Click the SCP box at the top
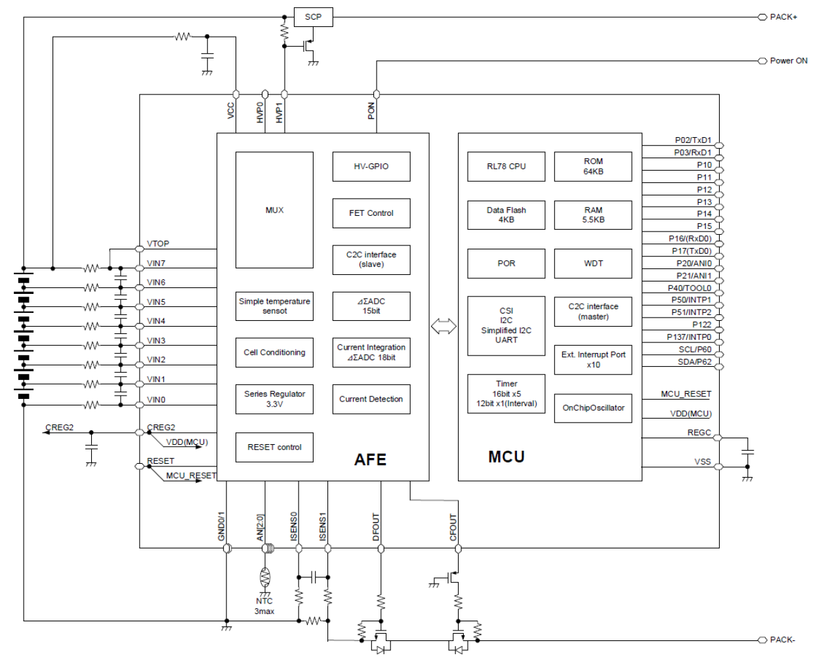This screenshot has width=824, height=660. pyautogui.click(x=313, y=17)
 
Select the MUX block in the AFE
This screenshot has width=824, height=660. pyautogui.click(x=274, y=210)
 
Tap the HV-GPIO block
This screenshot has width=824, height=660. pyautogui.click(x=371, y=167)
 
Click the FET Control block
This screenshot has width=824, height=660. pyautogui.click(x=371, y=213)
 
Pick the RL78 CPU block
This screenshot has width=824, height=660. pyautogui.click(x=506, y=167)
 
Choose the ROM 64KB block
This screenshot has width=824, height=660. pyautogui.click(x=593, y=167)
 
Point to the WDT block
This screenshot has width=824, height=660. pyautogui.click(x=593, y=263)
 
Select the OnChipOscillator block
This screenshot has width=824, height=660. pyautogui.click(x=593, y=408)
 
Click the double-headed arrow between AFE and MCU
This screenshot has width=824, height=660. pyautogui.click(x=443, y=326)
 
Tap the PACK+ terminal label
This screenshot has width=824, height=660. pyautogui.click(x=783, y=17)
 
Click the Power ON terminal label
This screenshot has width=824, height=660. pyautogui.click(x=789, y=61)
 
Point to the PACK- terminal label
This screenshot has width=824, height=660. pyautogui.click(x=783, y=640)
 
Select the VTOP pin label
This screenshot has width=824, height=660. pyautogui.click(x=158, y=243)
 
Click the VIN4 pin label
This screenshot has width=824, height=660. pyautogui.click(x=156, y=321)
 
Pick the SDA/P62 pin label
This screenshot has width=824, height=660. pyautogui.click(x=694, y=362)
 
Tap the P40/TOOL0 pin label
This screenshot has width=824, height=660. pyautogui.click(x=690, y=288)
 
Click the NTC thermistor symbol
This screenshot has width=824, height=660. pyautogui.click(x=265, y=577)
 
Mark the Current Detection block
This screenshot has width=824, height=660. pyautogui.click(x=371, y=399)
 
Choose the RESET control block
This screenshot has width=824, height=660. pyautogui.click(x=274, y=447)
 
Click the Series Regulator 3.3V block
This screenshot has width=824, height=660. pyautogui.click(x=274, y=399)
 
